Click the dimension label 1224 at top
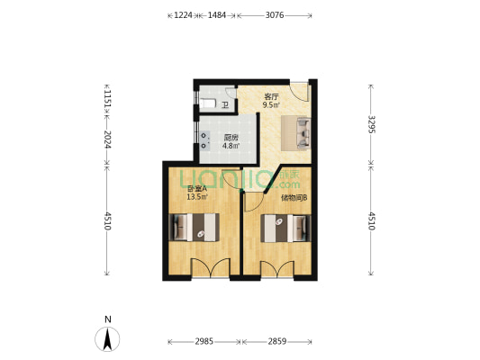point(183,15)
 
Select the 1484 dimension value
point(216,15)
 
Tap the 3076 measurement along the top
point(276,15)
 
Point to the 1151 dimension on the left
point(107,98)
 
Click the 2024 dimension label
point(107,139)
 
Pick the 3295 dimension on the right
point(371,124)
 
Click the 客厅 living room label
point(270,95)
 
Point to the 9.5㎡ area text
point(270,104)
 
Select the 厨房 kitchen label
point(231,138)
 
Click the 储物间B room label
point(294,197)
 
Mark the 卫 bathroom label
point(224,104)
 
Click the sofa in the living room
point(296,133)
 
